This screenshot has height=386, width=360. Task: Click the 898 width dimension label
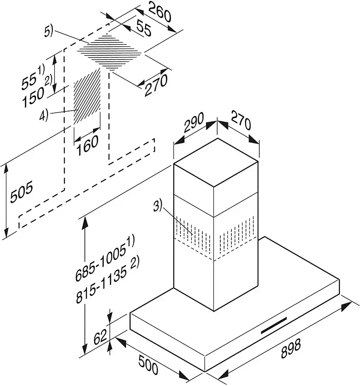291,348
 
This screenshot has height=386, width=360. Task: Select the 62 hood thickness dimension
100,336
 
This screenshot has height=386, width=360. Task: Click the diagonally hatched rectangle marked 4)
87,96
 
